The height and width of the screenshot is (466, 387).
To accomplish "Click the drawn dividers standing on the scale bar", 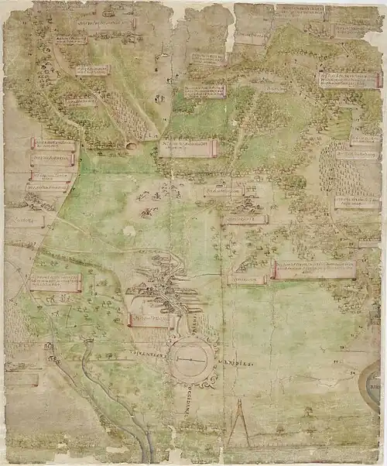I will coord(238,423).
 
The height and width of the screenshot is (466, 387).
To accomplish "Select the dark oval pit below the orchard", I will coord(130,146).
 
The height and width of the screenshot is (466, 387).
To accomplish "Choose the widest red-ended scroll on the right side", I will coord(314,269).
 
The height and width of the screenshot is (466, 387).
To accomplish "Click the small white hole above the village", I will coord(128,231).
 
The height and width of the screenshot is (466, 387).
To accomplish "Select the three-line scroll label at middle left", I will coord(54,283).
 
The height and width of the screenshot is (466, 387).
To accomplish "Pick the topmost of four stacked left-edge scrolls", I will coord(53,145).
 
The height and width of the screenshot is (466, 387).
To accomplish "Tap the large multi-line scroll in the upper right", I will coord(349,80).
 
